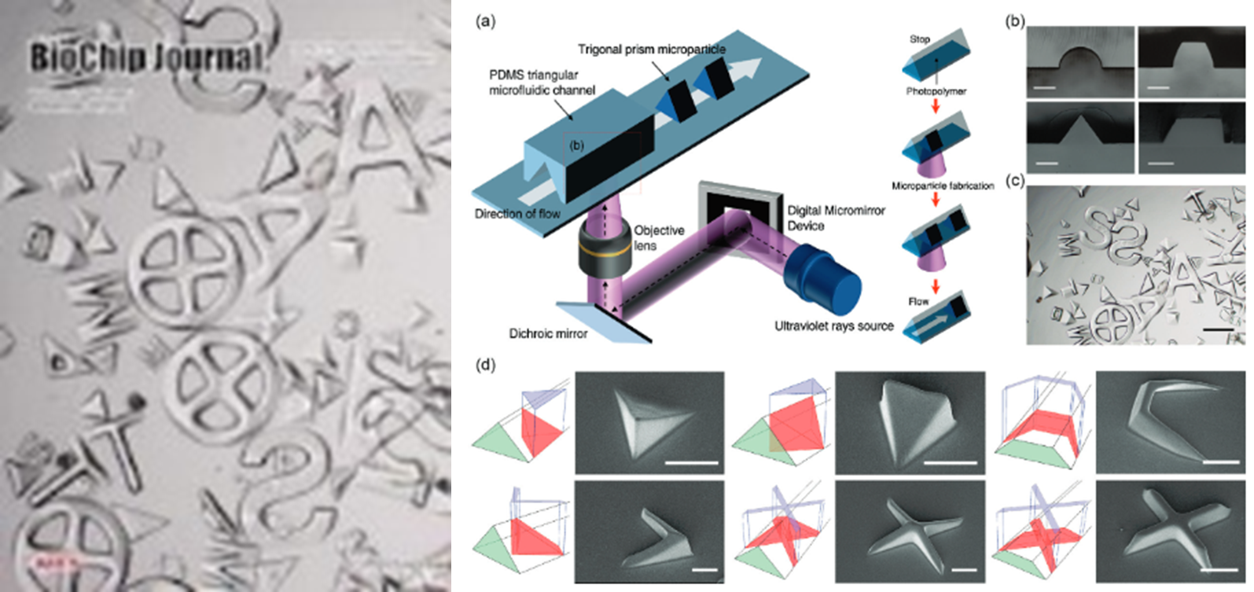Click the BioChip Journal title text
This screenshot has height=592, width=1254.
click(146, 57)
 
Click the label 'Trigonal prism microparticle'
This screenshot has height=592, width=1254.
click(652, 50)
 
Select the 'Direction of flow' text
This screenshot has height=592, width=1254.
click(517, 214)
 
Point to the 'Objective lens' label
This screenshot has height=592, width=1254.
click(659, 237)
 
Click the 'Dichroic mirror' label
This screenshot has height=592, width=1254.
click(548, 333)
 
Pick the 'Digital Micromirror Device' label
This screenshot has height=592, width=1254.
click(837, 218)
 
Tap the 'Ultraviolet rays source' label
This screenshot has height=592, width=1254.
click(834, 325)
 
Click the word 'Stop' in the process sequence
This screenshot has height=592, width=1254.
click(920, 39)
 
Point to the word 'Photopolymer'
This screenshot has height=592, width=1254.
click(935, 91)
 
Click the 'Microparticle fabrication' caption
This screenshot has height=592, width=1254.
click(943, 186)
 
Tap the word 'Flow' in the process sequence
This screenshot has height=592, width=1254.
click(918, 301)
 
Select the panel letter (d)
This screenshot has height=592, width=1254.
click(487, 365)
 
